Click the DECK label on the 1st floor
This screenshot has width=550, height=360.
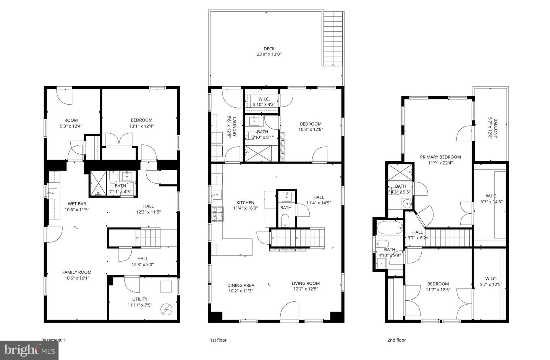tap(269, 49)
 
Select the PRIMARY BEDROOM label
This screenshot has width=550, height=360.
tap(440, 157)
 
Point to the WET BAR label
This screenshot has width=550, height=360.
tap(76, 204)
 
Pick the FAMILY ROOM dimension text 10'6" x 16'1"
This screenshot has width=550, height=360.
tap(77, 278)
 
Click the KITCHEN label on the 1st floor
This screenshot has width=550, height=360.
tap(245, 203)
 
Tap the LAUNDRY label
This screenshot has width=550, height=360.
tap(235, 127)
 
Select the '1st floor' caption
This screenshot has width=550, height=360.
tap(218, 340)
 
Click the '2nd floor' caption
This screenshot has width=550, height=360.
tap(396, 340)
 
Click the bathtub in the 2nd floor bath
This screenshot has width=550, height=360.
tap(390, 228)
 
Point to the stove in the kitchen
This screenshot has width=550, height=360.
tap(217, 214)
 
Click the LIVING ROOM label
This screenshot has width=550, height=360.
tap(306, 283)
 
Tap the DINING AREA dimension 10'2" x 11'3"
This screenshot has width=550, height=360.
tap(241, 291)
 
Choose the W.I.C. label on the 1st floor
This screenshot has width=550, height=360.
tap(264, 99)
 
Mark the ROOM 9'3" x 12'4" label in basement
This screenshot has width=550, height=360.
tap(71, 120)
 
